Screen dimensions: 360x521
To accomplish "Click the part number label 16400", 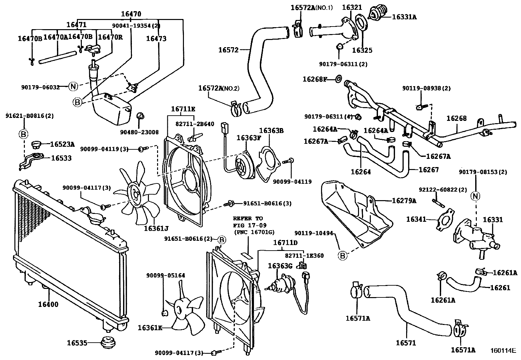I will (x=48, y=305).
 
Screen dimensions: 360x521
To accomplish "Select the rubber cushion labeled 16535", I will (x=109, y=343).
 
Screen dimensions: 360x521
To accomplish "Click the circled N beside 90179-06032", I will (x=73, y=87).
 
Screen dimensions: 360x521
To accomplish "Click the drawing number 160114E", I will (x=503, y=351).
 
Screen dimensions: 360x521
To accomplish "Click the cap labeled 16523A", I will (x=36, y=144).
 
